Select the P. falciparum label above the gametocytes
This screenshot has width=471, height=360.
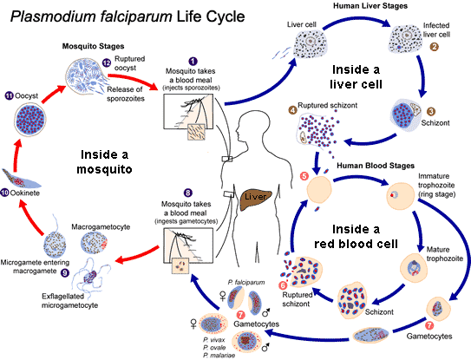[x=246, y=282]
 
